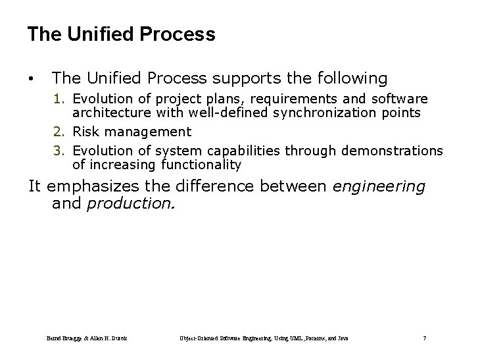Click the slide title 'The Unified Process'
[121, 34]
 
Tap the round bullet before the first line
[31, 80]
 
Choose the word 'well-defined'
[217, 113]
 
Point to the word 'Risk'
[86, 132]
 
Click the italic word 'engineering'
[379, 187]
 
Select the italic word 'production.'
[131, 204]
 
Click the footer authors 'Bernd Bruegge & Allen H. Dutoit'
[87, 338]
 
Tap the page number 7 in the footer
[425, 338]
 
